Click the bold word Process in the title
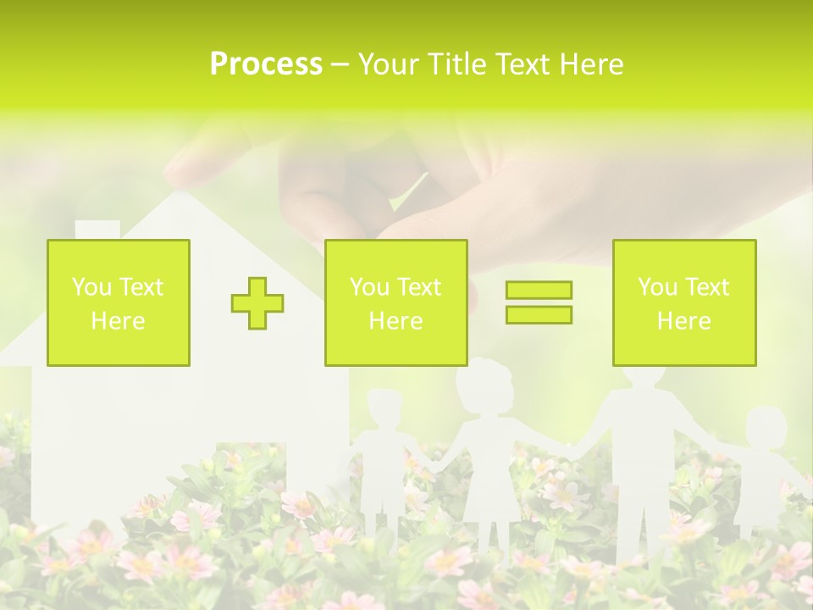[266, 64]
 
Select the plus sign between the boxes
[257, 303]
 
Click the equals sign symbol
[539, 302]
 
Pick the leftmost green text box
[119, 303]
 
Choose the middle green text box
[395, 303]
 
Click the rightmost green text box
[683, 303]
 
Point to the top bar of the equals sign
[539, 291]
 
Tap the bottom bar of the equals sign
[539, 314]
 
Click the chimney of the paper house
[97, 230]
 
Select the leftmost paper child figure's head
[385, 411]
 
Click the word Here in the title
[590, 64]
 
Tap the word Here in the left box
[118, 321]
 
